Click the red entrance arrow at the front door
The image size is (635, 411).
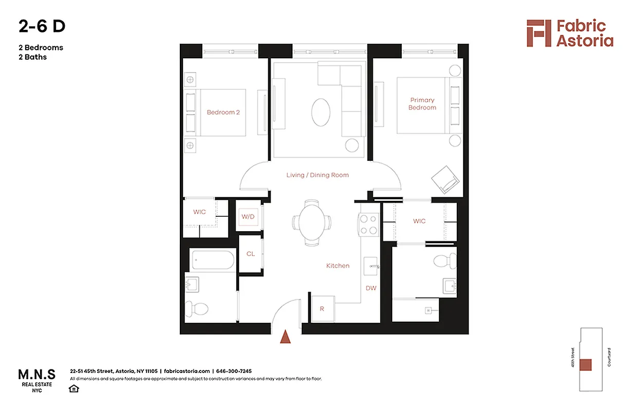click(x=285, y=337)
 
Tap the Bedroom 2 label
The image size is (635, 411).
click(x=223, y=112)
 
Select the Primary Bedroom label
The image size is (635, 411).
click(x=422, y=104)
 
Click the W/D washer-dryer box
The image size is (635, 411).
click(x=248, y=216)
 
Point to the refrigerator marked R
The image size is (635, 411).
click(x=322, y=309)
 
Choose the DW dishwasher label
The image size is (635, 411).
click(x=370, y=288)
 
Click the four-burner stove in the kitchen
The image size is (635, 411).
click(x=368, y=224)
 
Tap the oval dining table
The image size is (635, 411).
click(x=312, y=222)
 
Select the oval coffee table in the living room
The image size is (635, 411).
click(x=322, y=111)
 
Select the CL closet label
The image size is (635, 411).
click(x=250, y=254)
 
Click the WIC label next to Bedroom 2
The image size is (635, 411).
click(x=199, y=212)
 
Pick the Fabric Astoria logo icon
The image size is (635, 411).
click(x=538, y=33)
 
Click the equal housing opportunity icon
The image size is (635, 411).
click(x=74, y=388)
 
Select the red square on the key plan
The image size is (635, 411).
click(x=585, y=365)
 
